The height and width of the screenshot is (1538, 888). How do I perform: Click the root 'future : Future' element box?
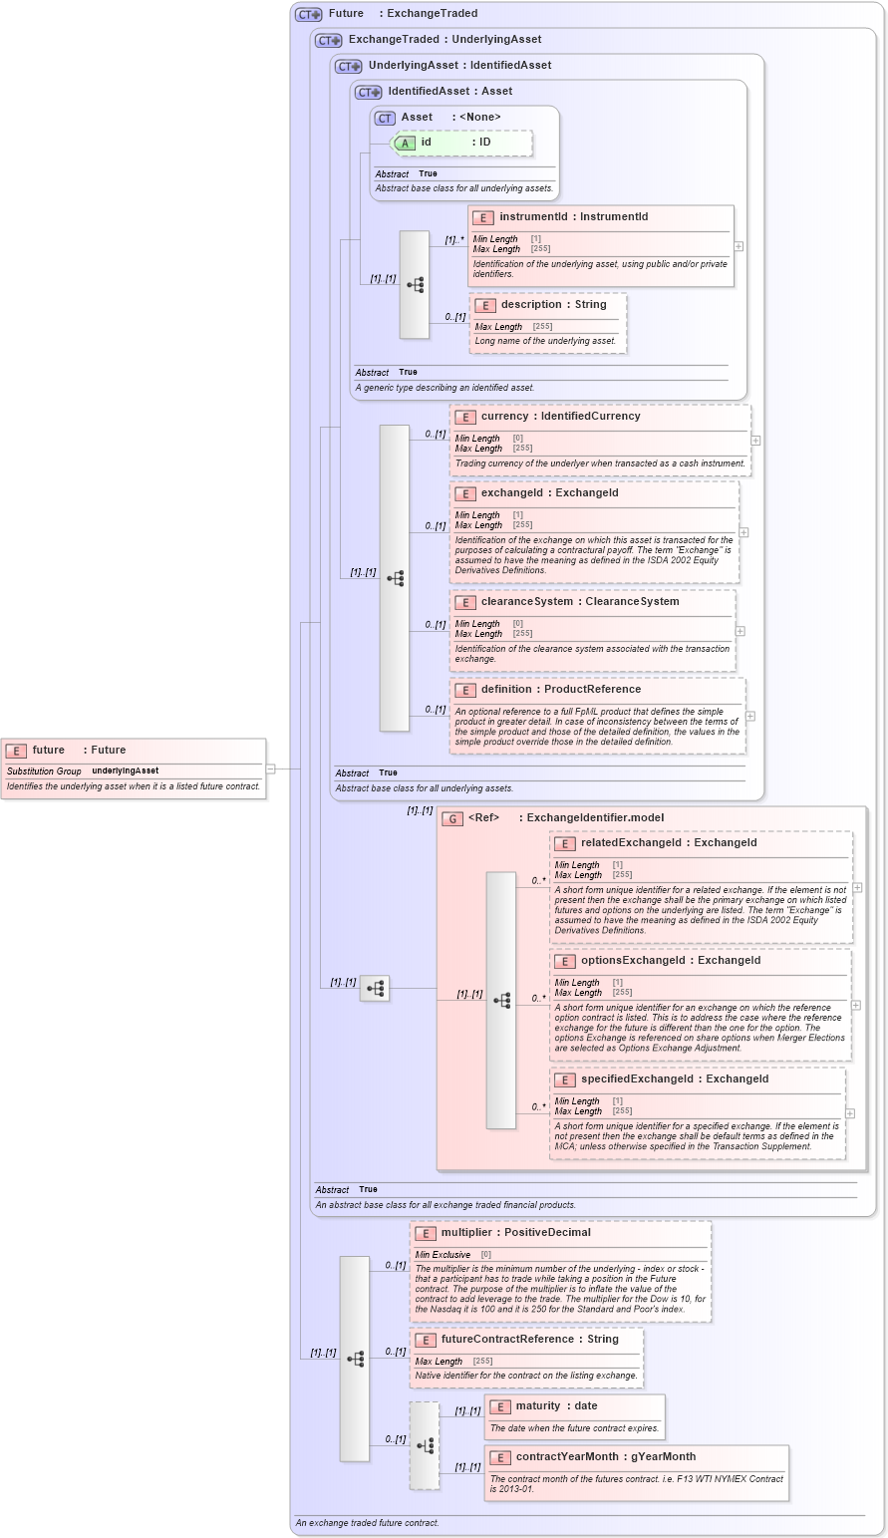[x=134, y=768]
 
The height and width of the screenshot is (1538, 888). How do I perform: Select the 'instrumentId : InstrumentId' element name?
[x=573, y=217]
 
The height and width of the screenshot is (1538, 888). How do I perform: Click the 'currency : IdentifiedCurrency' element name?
[x=560, y=417]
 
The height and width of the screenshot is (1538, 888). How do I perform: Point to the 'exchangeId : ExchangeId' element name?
[x=549, y=493]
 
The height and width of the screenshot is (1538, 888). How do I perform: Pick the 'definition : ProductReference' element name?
[x=560, y=690]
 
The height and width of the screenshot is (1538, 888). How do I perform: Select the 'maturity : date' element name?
[x=556, y=1406]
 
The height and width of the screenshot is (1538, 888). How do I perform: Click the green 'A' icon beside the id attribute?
[x=405, y=143]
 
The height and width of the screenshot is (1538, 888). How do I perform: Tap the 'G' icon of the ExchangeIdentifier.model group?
[x=452, y=818]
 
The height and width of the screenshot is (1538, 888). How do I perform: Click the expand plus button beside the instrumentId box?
[x=739, y=246]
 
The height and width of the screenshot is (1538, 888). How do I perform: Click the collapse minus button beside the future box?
[x=270, y=769]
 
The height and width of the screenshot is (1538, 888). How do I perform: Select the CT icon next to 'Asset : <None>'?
[x=385, y=118]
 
